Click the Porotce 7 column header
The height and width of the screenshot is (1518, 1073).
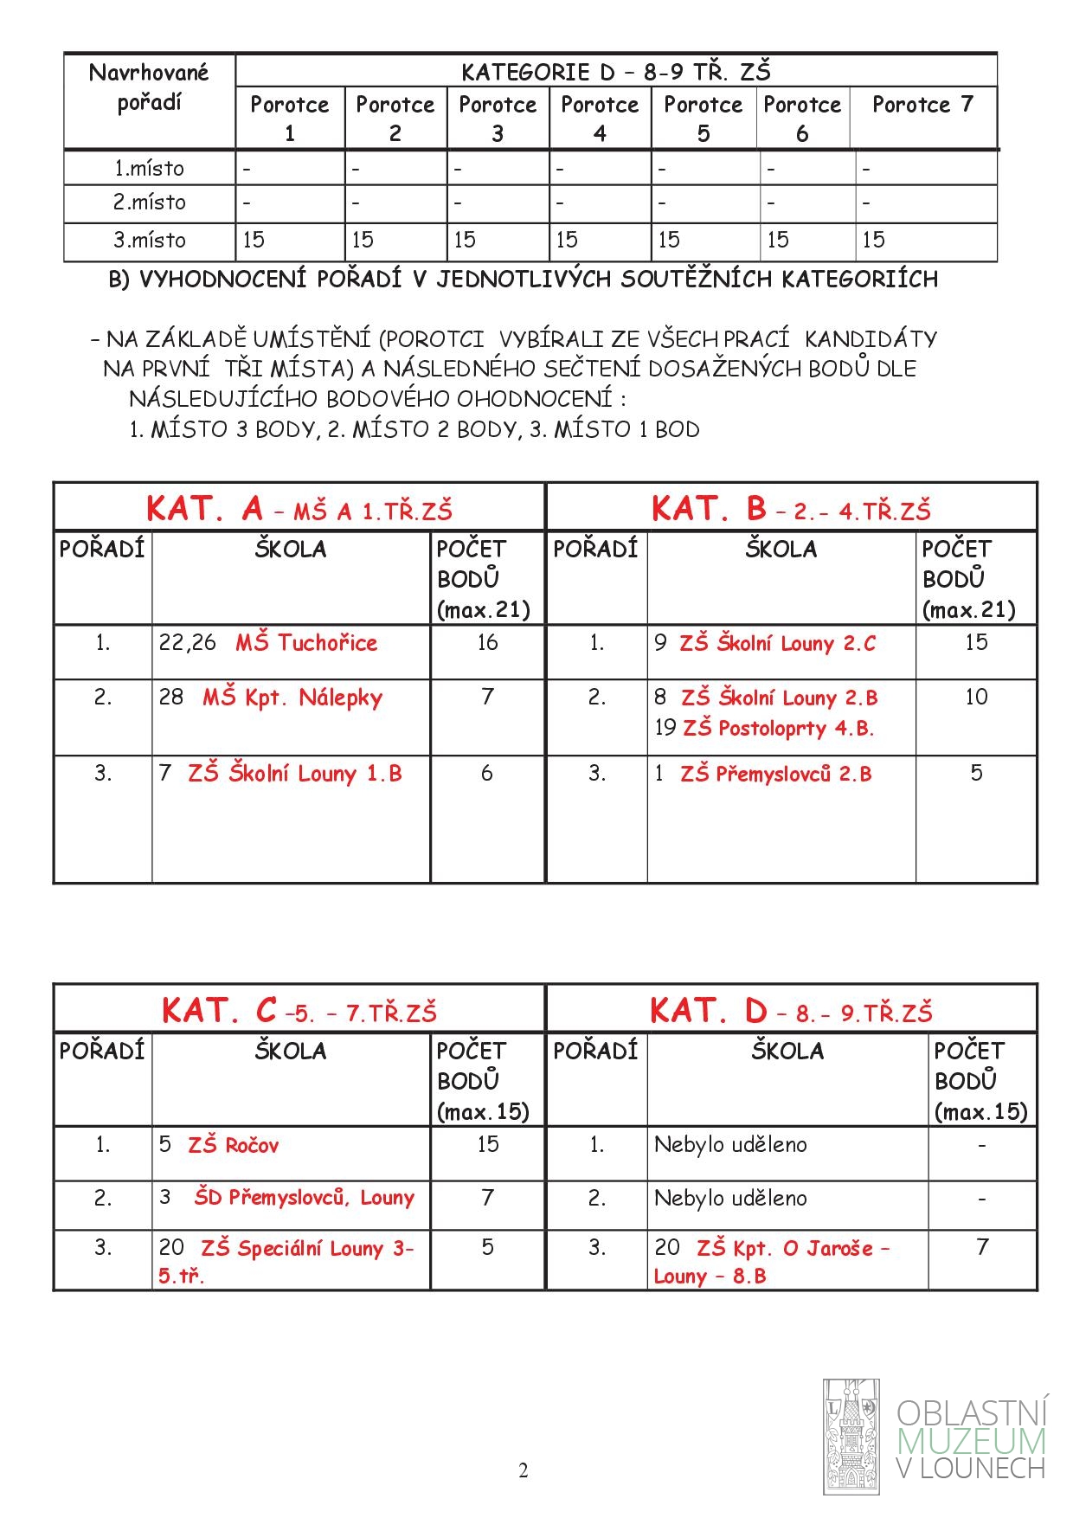click(x=922, y=105)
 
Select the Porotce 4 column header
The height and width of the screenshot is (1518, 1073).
click(x=600, y=118)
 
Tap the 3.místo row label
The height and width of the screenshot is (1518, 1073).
click(x=149, y=241)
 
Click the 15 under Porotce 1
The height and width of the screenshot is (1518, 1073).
click(x=254, y=241)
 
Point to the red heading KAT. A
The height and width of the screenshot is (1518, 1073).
click(x=204, y=509)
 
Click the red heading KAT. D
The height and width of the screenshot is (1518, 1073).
click(x=708, y=1011)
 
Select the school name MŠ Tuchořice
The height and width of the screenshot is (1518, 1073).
click(x=306, y=643)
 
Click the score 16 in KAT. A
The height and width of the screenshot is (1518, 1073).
click(x=487, y=642)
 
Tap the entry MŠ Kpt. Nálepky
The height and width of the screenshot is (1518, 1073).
click(x=292, y=698)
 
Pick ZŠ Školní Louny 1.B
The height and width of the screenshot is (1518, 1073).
click(x=295, y=774)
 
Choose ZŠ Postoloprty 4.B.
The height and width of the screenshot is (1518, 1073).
click(x=778, y=729)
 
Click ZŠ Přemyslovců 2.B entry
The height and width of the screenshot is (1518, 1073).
click(x=775, y=774)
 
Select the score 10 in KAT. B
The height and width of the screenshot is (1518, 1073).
click(x=976, y=697)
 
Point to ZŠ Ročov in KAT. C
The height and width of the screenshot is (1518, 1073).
click(x=234, y=1146)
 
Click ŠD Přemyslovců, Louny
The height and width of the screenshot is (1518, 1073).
click(x=304, y=1198)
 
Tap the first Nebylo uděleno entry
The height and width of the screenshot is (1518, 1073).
click(x=730, y=1145)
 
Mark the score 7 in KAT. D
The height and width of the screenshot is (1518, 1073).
click(x=981, y=1247)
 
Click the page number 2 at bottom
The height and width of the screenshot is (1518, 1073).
click(x=523, y=1470)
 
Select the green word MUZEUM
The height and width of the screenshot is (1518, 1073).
click(x=971, y=1441)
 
